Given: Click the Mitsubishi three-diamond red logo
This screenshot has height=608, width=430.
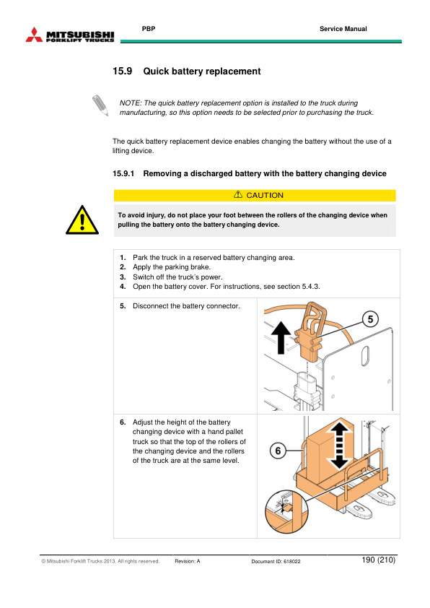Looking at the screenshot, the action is [34, 35].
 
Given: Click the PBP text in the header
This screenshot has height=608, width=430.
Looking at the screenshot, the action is [149, 29].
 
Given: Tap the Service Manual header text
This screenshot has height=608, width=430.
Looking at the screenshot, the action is [343, 29].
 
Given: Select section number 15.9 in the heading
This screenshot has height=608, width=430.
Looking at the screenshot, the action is [123, 71].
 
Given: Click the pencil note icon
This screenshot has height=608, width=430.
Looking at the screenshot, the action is [100, 105].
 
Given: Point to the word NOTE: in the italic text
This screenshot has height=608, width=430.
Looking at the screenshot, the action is [131, 103].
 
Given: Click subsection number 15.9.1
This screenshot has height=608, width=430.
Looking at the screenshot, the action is [123, 174].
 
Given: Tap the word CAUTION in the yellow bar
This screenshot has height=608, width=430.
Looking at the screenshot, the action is [265, 196].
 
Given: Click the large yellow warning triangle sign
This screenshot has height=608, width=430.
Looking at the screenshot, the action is [82, 220].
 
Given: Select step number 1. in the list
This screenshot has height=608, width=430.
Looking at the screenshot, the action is [123, 258].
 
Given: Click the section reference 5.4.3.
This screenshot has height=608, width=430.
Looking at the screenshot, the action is [311, 287].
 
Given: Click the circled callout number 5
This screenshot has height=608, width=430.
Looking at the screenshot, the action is [370, 319].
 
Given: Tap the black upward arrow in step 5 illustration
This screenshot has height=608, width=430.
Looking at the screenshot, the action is [281, 337].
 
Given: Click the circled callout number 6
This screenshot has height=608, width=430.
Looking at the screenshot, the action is [278, 451].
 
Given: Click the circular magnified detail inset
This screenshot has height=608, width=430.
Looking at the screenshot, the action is [286, 511].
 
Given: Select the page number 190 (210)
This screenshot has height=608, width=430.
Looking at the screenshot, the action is [379, 560].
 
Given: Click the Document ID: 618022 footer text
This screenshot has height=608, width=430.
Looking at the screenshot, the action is [276, 561].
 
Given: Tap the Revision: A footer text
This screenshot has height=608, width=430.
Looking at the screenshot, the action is [188, 561].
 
